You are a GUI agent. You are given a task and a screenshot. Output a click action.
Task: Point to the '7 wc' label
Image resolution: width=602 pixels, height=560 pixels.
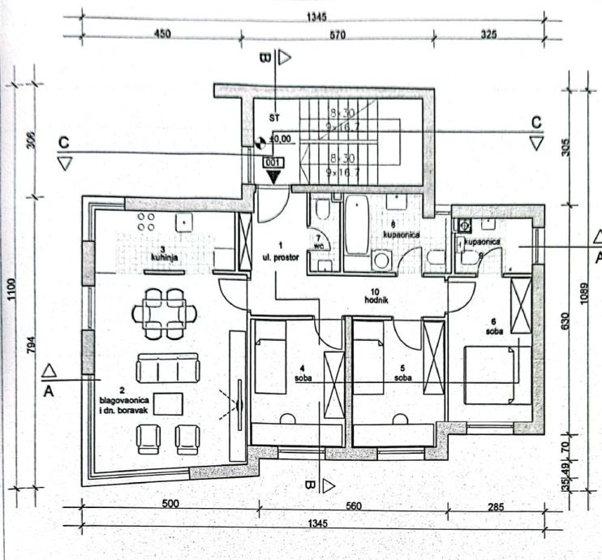click(x=318, y=243)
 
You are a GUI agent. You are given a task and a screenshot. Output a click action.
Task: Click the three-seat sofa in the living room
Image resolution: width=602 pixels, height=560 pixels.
click(x=168, y=368)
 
